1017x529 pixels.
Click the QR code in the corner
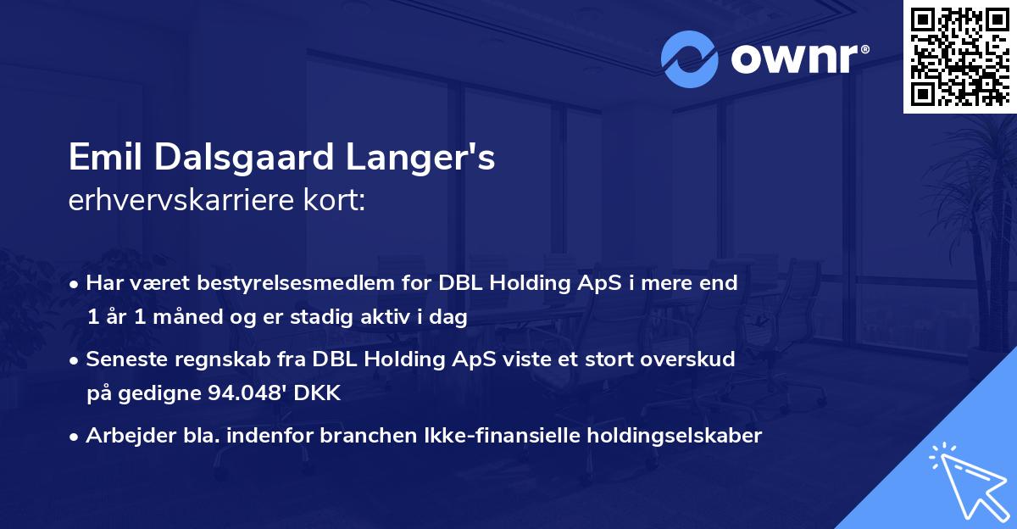959,57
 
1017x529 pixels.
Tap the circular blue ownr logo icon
690,59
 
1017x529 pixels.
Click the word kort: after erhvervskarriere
335,202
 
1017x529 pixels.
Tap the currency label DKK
319,393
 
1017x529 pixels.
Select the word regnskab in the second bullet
208,359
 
